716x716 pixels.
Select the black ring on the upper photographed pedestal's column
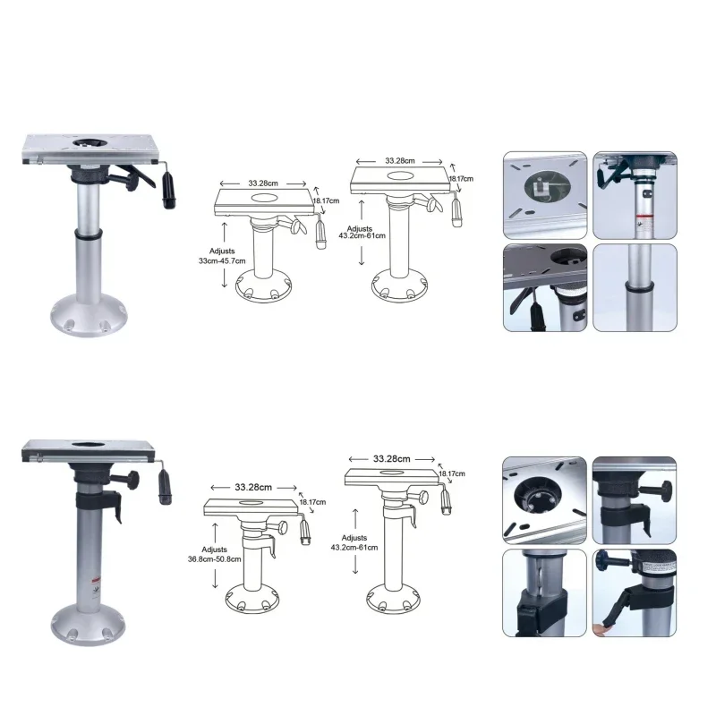pyautogui.click(x=87, y=236)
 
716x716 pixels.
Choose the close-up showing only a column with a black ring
pyautogui.click(x=635, y=289)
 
